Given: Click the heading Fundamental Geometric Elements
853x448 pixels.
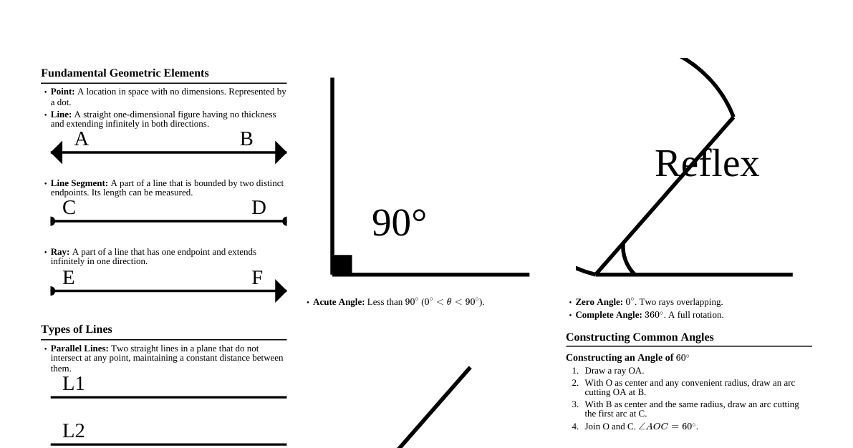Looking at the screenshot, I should pos(125,73).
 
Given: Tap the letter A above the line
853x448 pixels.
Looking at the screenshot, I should pos(81,139).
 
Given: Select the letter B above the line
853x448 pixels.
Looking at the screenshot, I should pos(246,139).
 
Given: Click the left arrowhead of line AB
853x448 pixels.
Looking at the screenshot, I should pos(57,152).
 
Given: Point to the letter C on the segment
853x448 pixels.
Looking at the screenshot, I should pos(69,208).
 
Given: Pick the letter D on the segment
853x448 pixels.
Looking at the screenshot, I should pos(259,208).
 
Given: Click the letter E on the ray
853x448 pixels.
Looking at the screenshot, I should pos(68,278).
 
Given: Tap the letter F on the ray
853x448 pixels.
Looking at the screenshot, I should pos(257,278).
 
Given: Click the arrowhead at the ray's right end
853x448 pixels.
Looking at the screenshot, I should pos(281,291).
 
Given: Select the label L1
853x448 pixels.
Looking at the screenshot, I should pos(73,384).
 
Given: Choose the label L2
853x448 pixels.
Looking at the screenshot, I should pos(73,431).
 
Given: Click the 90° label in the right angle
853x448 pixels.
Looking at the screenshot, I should pos(399,223).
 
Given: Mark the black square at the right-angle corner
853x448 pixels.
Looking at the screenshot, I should pos(342,265).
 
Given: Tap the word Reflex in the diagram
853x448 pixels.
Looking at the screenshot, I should pos(706,164).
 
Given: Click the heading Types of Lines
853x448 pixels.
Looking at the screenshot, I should pos(77,329).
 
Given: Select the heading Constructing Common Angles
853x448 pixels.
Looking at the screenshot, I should pos(640,337).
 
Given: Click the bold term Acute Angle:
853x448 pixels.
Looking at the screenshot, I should pos(339,302).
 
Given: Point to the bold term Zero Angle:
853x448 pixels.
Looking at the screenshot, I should pos(599,302).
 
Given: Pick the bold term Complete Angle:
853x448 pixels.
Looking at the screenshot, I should pos(608,315).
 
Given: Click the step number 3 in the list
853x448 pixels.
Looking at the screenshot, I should pos(575,404).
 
